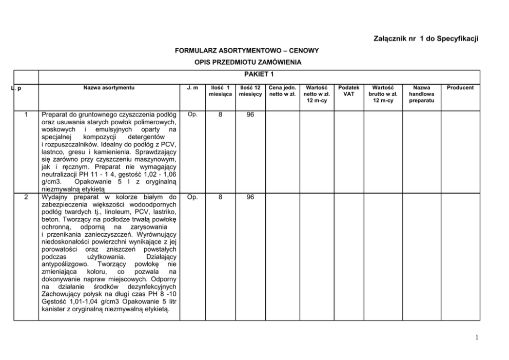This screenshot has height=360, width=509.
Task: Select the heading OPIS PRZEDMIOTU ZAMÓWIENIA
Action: [247, 62]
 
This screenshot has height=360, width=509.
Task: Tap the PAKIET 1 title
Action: [259, 74]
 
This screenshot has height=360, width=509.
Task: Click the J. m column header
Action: [192, 87]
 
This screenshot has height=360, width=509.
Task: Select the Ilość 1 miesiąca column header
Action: [220, 91]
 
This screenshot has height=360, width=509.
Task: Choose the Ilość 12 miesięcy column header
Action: [250, 91]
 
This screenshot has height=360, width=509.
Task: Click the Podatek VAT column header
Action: [349, 91]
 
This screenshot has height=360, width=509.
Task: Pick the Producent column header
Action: [460, 87]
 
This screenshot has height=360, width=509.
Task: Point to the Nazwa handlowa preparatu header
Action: [421, 94]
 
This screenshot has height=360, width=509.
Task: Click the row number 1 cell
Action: [26, 115]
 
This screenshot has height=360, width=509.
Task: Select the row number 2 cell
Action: [26, 197]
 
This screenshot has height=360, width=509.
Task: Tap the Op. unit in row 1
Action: [192, 115]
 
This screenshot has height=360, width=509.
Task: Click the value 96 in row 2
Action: [250, 197]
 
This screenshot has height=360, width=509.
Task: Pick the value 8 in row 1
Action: [220, 115]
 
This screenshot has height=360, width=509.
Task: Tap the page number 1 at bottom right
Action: [477, 337]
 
